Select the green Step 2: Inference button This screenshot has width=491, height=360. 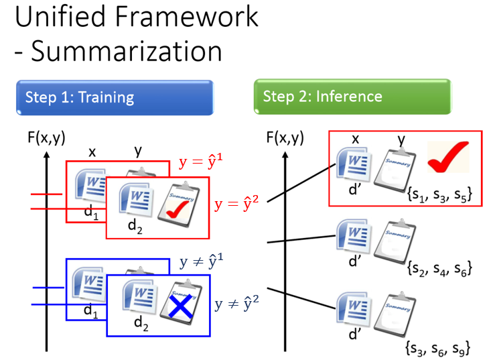point(352,97)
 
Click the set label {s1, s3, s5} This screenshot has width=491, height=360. point(440,196)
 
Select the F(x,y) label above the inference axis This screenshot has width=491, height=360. point(285,139)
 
